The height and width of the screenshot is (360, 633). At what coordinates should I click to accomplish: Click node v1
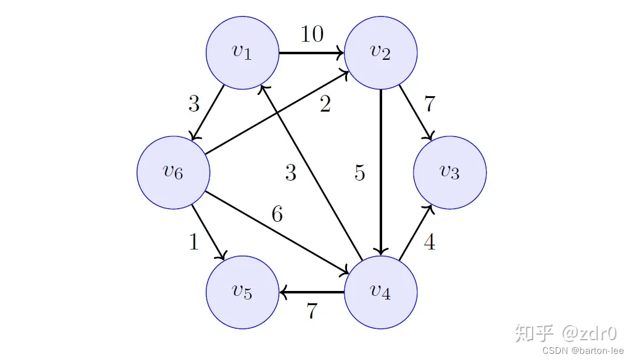coord(242,53)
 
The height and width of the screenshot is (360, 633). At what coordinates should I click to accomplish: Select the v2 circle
coord(380,53)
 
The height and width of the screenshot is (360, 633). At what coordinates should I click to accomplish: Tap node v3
coord(449,172)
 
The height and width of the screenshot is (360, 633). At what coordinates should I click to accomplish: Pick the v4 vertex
coord(380,292)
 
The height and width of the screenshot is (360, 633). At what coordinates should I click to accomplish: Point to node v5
coord(242,292)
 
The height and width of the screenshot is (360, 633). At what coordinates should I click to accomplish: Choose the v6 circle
coord(173,172)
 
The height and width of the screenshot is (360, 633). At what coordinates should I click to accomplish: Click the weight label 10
coord(312,35)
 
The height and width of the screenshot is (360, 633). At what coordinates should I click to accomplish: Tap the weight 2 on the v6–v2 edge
coord(325,105)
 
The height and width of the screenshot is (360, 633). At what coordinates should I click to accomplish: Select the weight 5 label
coord(360,174)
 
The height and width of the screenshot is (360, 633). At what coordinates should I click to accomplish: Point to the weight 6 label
coord(277,215)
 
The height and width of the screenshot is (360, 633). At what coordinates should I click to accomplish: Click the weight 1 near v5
coord(194,243)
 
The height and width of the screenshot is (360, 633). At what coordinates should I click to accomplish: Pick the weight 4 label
coord(430,243)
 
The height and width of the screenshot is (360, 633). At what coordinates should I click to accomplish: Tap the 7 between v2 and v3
coord(430,104)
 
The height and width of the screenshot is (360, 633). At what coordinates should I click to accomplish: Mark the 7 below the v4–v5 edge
coord(312,311)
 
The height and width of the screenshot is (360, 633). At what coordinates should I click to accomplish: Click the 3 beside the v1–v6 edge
coord(194,104)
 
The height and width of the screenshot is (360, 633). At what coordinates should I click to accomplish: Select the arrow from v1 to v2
coord(311,53)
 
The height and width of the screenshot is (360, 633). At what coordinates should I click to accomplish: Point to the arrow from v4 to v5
coord(311,292)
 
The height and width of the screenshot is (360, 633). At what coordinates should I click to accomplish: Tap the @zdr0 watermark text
coord(588,333)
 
